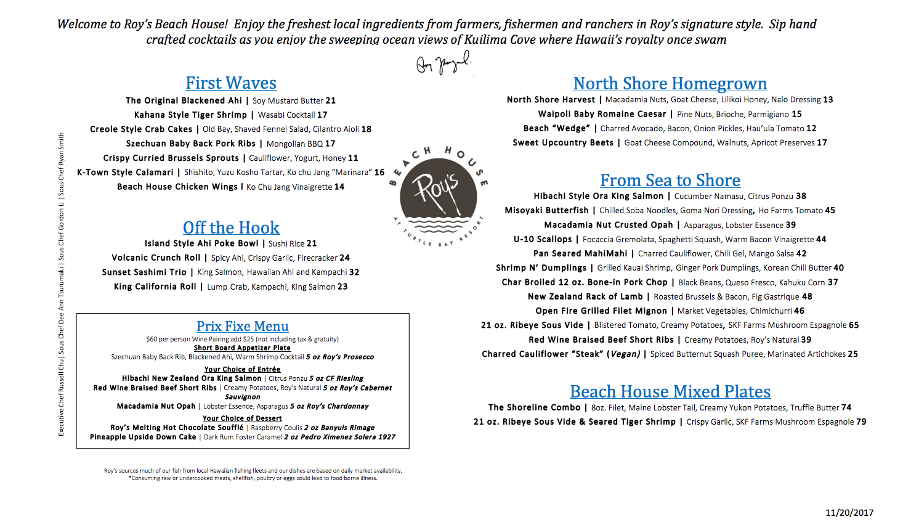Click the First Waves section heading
[x=231, y=83]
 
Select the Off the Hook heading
[x=231, y=228]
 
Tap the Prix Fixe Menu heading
[x=243, y=326]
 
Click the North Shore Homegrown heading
[x=670, y=84]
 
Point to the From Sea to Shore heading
[x=670, y=181]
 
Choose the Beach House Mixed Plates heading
[x=670, y=392]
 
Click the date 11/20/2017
[x=849, y=512]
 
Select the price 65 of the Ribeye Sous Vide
[x=854, y=325]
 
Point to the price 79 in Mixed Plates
[x=861, y=422]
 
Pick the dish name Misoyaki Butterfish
[x=546, y=211]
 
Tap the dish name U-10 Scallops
[x=543, y=239]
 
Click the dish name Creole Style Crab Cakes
[x=141, y=129]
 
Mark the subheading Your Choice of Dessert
[x=242, y=418]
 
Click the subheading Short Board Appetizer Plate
[x=242, y=348]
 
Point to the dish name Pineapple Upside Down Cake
[x=143, y=437]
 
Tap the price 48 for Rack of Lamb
[x=807, y=296]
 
